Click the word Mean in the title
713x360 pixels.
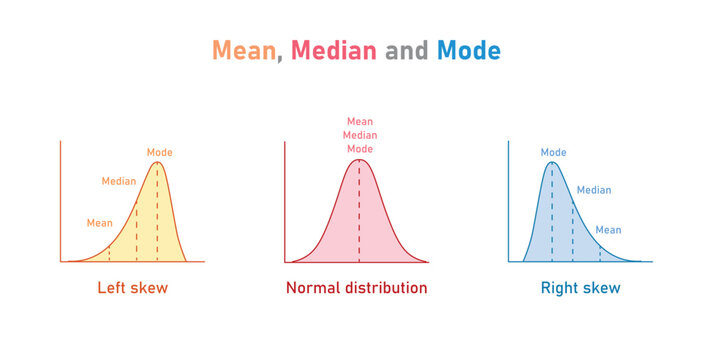coord(244,50)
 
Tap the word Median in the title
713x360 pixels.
coord(334,50)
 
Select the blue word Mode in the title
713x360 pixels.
coord(469,50)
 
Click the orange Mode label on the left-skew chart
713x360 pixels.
coord(160,152)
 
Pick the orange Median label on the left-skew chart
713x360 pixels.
coord(119,181)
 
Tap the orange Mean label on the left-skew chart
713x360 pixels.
coord(100,223)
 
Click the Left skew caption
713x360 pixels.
coord(132,288)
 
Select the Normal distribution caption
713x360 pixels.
coord(356,288)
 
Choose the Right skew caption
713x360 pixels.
coord(580,288)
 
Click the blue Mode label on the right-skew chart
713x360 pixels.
coord(553,152)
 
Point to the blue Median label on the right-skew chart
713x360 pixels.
coord(594,189)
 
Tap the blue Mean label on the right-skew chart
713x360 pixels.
coord(608,230)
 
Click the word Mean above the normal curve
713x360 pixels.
coord(359,122)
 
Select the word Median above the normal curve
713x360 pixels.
coord(359,135)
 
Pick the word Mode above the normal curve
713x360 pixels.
coord(359,148)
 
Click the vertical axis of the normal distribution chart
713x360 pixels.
coord(285,200)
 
